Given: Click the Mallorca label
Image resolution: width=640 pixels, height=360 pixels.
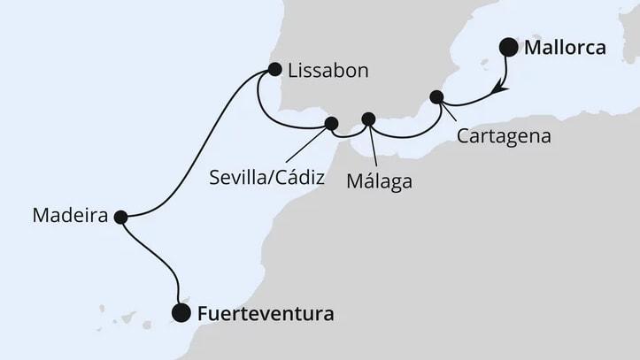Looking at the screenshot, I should [x=565, y=48].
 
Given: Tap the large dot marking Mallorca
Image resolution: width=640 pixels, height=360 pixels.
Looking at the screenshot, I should [x=509, y=48].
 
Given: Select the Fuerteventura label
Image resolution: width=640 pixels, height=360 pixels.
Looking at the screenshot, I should [x=254, y=312].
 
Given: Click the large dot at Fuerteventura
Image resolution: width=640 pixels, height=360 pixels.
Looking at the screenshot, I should [x=181, y=311].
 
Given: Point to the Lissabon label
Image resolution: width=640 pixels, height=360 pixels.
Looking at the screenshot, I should [x=322, y=69].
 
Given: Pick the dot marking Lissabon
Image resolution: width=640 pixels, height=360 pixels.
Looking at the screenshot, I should [x=274, y=69].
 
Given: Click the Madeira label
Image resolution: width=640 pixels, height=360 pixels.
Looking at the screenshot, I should [x=69, y=215].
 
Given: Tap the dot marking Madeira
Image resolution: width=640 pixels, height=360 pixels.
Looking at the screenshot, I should [x=120, y=215].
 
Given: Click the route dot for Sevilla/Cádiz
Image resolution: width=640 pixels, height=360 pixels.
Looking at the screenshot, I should [x=332, y=123].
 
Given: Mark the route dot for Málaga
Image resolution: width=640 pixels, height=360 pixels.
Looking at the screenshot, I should [x=369, y=119].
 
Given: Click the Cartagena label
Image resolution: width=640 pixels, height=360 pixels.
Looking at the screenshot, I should [x=504, y=137].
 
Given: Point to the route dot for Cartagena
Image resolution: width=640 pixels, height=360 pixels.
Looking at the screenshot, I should [x=435, y=96].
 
